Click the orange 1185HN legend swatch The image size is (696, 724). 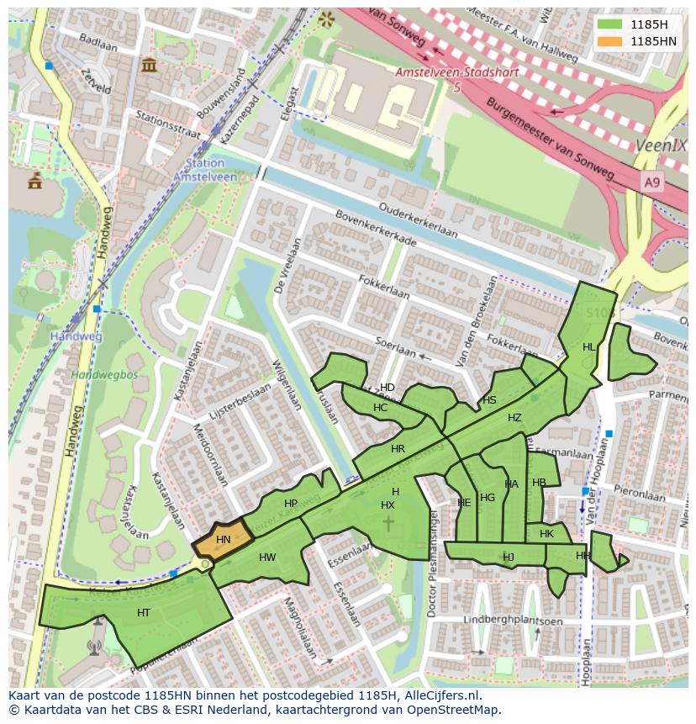coord(610,41)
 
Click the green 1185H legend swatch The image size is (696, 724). coord(610,24)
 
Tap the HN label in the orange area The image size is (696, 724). coord(223,540)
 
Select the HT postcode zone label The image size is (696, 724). coord(144,613)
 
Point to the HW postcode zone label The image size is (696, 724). coord(267,558)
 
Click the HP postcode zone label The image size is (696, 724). coord(291,504)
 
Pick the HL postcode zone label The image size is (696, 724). coord(589,347)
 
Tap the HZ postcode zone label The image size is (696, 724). coord(514,418)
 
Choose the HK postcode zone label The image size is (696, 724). coord(547,534)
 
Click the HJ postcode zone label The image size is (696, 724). coord(509,557)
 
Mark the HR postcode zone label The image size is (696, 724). coord(398,449)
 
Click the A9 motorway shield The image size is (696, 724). coord(652,182)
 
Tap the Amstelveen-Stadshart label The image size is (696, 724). coord(456,73)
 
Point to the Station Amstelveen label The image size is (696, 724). coord(205,170)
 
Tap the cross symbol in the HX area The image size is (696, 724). coord(388,523)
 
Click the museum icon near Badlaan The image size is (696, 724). coord(150,65)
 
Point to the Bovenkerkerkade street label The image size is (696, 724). coord(376,230)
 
